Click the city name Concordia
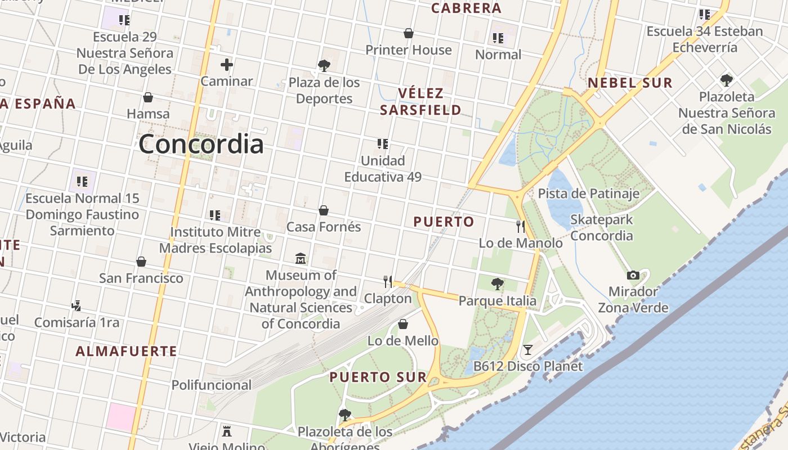click(x=201, y=145)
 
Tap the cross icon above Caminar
click(x=227, y=65)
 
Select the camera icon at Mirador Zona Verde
click(x=633, y=275)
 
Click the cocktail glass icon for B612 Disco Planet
click(x=527, y=350)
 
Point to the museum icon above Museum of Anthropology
click(x=301, y=259)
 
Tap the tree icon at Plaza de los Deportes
click(x=324, y=66)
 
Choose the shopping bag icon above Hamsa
click(x=148, y=97)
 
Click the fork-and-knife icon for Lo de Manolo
click(x=521, y=227)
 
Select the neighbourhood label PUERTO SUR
click(x=378, y=377)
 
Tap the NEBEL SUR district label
click(x=630, y=83)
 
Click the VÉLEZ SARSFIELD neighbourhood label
click(x=421, y=101)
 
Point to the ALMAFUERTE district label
click(x=127, y=352)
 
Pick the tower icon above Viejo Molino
click(x=227, y=431)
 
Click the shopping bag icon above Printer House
click(x=409, y=33)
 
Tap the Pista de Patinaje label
click(x=589, y=194)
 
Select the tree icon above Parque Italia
click(x=497, y=284)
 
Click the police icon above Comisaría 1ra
click(x=77, y=306)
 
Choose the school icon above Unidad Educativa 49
click(x=383, y=144)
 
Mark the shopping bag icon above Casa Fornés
click(x=324, y=210)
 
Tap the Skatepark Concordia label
click(x=602, y=227)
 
